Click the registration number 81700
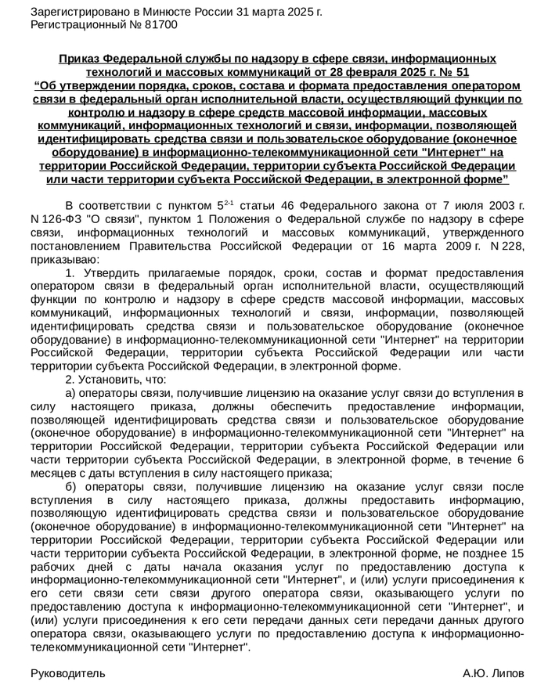click(160, 25)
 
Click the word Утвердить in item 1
click(106, 272)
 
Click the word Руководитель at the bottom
click(67, 672)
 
